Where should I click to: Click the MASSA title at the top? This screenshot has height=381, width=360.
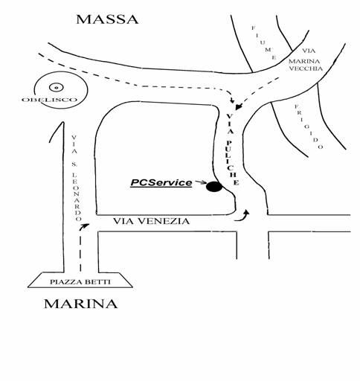pyautogui.click(x=107, y=19)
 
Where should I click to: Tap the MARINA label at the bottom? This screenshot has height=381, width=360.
pyautogui.click(x=81, y=304)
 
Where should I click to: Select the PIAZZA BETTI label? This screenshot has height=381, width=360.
pyautogui.click(x=80, y=282)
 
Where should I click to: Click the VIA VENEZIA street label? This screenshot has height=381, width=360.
pyautogui.click(x=151, y=221)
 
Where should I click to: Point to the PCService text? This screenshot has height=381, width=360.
pyautogui.click(x=161, y=183)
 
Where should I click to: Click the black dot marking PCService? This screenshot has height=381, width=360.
pyautogui.click(x=214, y=187)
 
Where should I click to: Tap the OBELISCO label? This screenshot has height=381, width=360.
pyautogui.click(x=49, y=100)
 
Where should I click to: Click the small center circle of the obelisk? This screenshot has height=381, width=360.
pyautogui.click(x=57, y=87)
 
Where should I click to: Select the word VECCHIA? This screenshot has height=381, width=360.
pyautogui.click(x=306, y=68)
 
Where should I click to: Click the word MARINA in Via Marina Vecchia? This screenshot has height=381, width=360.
pyautogui.click(x=304, y=61)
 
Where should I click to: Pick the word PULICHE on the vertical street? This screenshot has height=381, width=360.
pyautogui.click(x=232, y=163)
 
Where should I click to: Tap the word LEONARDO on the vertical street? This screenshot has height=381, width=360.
pyautogui.click(x=77, y=196)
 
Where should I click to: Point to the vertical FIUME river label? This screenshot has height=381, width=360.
pyautogui.click(x=263, y=42)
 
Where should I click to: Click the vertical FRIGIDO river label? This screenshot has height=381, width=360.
pyautogui.click(x=309, y=127)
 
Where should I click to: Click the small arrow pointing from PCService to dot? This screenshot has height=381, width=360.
pyautogui.click(x=201, y=182)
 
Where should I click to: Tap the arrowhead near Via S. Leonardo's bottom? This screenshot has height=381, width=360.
pyautogui.click(x=85, y=225)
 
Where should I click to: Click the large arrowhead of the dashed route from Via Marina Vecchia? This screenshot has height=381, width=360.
pyautogui.click(x=239, y=106)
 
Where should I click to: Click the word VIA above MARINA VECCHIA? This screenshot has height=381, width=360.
pyautogui.click(x=309, y=51)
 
